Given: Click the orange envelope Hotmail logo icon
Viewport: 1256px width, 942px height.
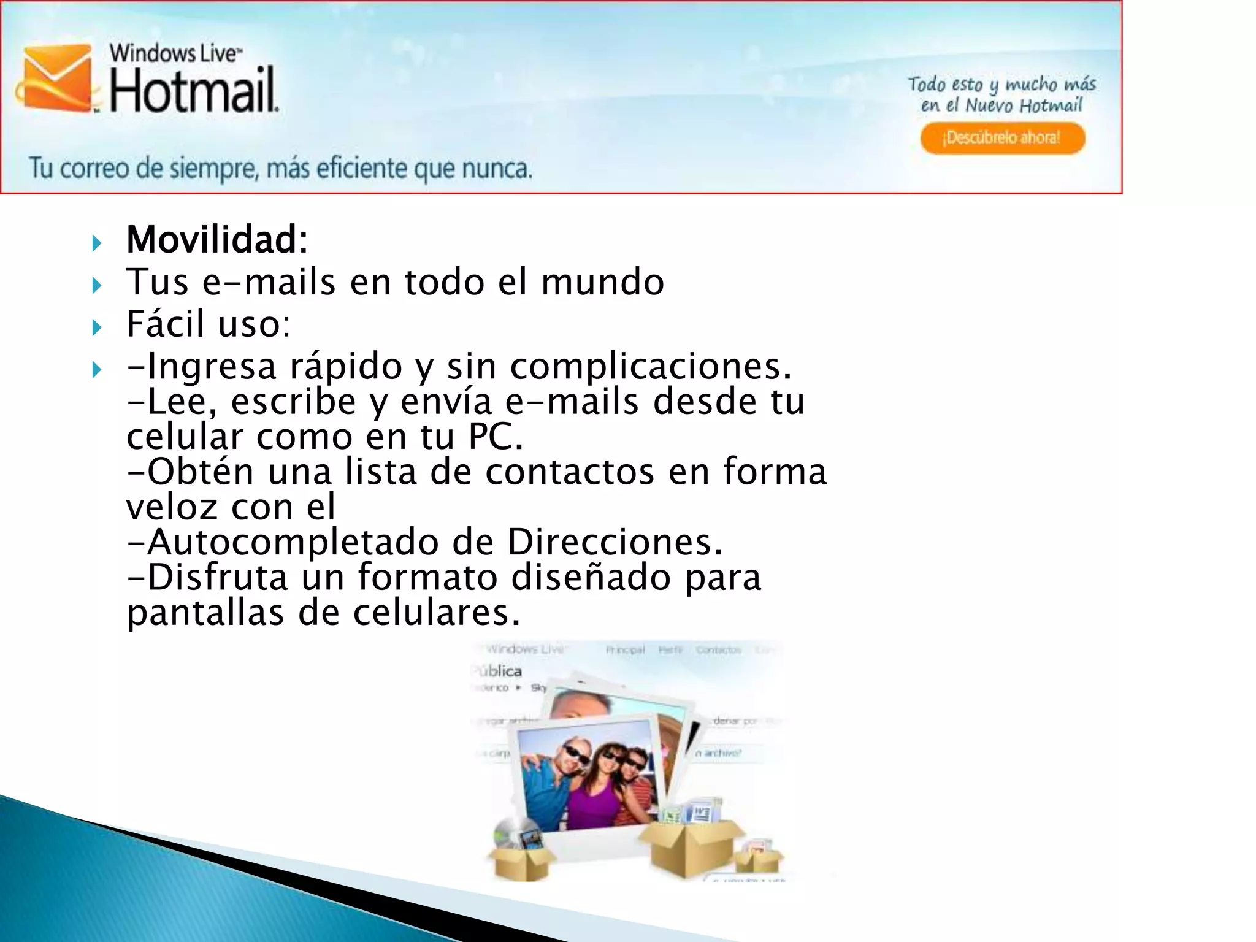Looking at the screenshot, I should [x=56, y=78].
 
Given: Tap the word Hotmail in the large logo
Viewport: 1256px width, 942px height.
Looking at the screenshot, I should [x=194, y=93].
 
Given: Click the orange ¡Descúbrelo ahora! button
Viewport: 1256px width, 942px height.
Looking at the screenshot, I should [x=1002, y=138].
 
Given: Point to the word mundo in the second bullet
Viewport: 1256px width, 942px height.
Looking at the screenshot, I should [x=602, y=282].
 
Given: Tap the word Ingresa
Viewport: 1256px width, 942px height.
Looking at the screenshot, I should [x=212, y=367].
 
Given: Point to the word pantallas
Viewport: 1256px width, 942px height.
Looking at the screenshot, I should [x=205, y=613].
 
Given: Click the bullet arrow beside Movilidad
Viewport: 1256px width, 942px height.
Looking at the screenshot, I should [x=96, y=243].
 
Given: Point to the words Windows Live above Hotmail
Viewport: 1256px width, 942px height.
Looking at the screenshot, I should [x=175, y=53].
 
